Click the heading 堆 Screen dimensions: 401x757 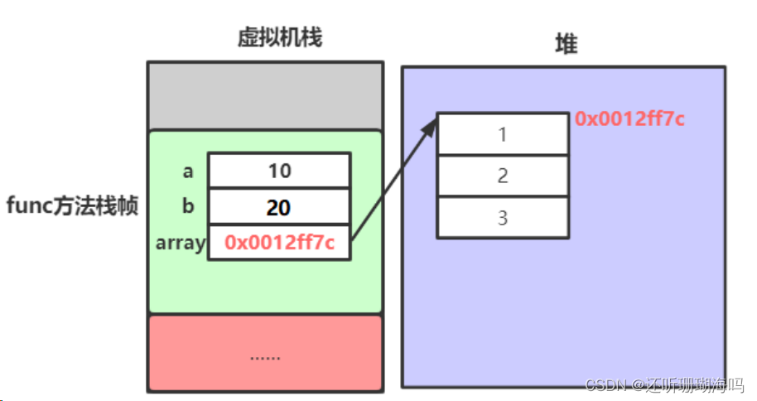pyautogui.click(x=565, y=45)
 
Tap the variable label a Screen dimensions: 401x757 pyautogui.click(x=188, y=172)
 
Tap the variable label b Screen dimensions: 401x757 pyautogui.click(x=188, y=206)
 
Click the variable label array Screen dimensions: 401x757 pyautogui.click(x=180, y=244)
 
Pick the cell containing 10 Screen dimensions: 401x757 pyautogui.click(x=279, y=171)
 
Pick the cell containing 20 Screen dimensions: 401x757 pyautogui.click(x=279, y=207)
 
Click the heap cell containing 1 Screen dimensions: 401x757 pyautogui.click(x=503, y=134)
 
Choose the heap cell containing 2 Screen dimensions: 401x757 pyautogui.click(x=503, y=176)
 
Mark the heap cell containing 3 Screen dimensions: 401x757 pyautogui.click(x=503, y=218)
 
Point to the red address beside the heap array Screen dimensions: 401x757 pyautogui.click(x=629, y=119)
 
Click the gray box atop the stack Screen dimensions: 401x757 pyautogui.click(x=265, y=96)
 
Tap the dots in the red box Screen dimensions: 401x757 pyautogui.click(x=265, y=356)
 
